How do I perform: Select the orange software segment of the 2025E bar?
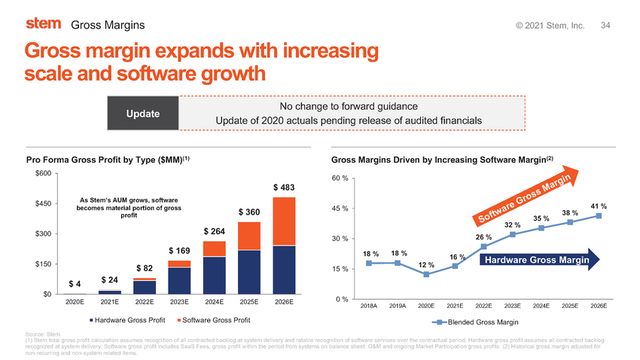(x=249, y=236)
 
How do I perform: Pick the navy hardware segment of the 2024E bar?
(x=215, y=274)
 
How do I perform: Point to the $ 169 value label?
(x=179, y=249)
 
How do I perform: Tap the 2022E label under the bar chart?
(x=144, y=303)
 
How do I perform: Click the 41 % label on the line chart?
(x=599, y=206)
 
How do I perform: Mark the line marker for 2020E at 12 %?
(x=426, y=274)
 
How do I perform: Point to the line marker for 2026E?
(x=599, y=216)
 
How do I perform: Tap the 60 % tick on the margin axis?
(x=339, y=178)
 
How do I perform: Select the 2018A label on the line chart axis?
(x=369, y=307)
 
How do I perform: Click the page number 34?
(x=606, y=26)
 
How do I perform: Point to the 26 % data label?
(x=484, y=237)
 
